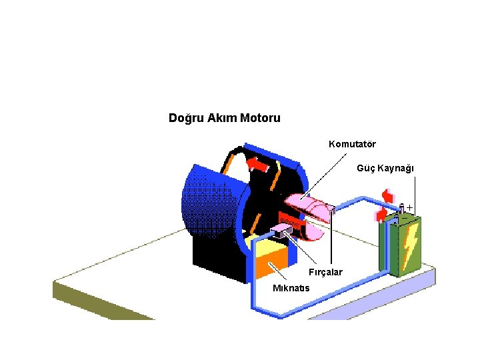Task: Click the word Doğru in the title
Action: [x=183, y=119]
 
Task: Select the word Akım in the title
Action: [x=219, y=119]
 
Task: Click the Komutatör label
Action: [x=352, y=144]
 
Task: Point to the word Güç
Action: [x=366, y=168]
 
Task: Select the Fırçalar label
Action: [x=325, y=272]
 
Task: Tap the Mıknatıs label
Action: [x=291, y=288]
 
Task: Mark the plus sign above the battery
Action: [x=409, y=207]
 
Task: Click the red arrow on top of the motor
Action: [x=257, y=162]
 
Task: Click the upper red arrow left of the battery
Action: [x=387, y=195]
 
